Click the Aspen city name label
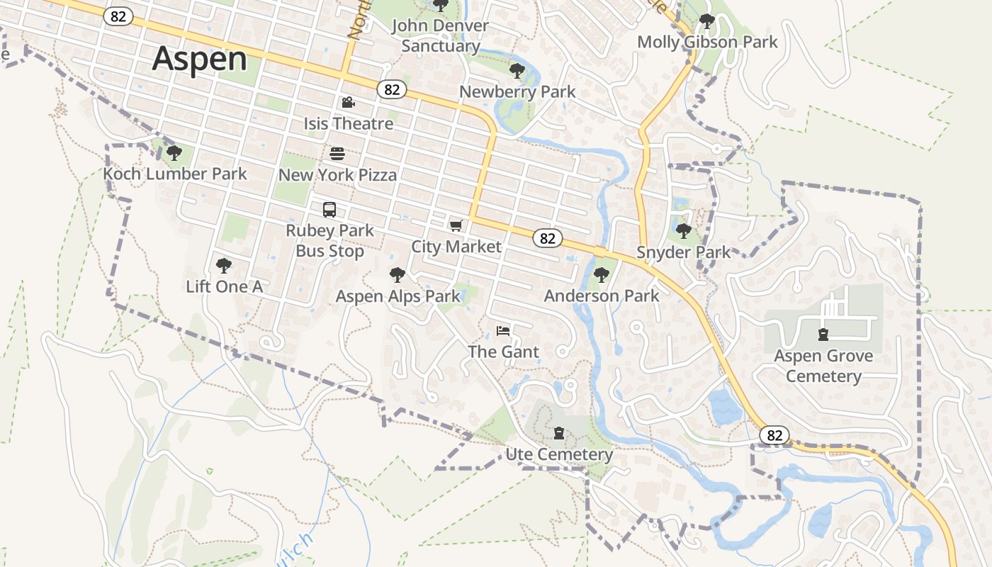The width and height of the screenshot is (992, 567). tap(199, 59)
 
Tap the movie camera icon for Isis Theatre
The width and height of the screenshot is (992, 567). tap(348, 103)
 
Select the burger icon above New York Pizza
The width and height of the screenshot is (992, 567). tap(337, 154)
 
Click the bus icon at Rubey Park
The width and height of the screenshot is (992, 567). tap(329, 210)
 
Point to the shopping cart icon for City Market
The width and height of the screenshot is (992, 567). tap(456, 226)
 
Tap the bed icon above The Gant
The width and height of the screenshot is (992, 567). tap(503, 331)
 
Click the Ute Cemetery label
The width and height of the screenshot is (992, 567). tap(559, 454)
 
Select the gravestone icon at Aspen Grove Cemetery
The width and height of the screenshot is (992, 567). tap(823, 334)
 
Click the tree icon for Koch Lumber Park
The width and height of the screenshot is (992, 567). tap(174, 152)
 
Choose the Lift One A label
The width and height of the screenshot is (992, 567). tap(224, 286)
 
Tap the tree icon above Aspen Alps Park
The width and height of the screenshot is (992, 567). tap(398, 275)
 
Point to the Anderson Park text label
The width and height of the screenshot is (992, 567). tap(602, 296)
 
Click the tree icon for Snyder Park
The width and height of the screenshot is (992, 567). tap(683, 231)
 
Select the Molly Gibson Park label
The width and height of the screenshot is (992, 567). tap(707, 42)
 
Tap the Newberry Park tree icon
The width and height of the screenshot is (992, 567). tap(517, 71)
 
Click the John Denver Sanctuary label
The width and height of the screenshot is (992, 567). tap(440, 35)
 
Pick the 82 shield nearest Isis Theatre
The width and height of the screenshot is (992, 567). tap(392, 89)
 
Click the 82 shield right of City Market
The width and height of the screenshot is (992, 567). tap(548, 238)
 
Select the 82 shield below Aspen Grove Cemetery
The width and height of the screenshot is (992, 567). tap(774, 434)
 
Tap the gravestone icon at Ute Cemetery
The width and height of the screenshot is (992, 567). tap(559, 433)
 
